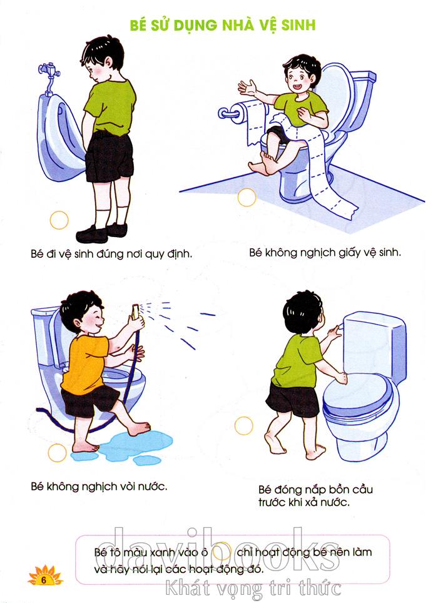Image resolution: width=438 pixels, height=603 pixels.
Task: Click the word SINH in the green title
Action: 298,25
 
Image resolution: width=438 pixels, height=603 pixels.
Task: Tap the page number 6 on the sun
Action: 43,579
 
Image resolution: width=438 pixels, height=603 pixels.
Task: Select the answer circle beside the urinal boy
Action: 59,220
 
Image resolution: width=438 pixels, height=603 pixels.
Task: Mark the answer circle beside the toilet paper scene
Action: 247,198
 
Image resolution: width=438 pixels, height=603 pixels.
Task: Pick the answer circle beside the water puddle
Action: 58,453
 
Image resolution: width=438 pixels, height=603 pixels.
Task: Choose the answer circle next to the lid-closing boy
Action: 244,426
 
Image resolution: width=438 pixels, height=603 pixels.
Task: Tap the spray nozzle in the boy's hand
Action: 135,312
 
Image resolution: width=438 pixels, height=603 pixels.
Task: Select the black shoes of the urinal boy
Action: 101,232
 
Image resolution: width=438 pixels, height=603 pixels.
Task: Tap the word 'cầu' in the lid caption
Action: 362,490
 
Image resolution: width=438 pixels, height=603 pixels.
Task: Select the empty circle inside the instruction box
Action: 222,551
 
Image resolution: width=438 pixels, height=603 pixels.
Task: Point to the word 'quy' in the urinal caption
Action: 155,254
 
